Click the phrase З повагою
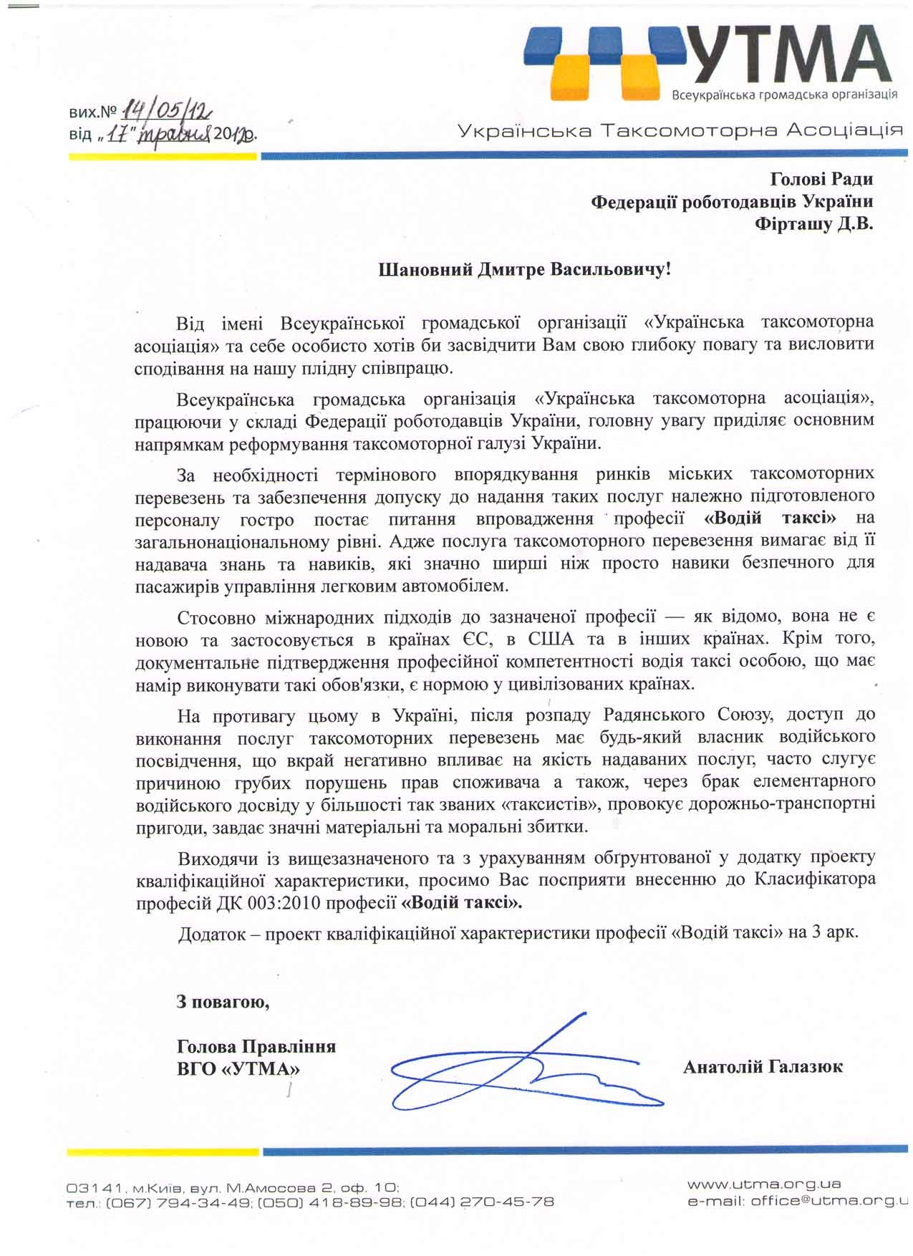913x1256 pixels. [223, 1002]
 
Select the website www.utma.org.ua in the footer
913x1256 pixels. [763, 1184]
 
